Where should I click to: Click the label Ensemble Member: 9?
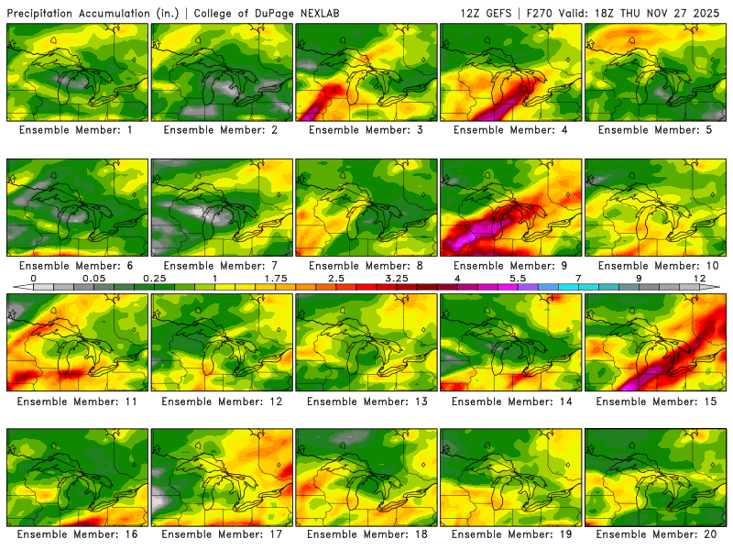pyautogui.click(x=511, y=266)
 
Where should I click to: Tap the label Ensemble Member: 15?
pyautogui.click(x=656, y=401)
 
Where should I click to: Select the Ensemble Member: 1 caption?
pyautogui.click(x=78, y=130)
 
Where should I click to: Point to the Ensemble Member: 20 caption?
pyautogui.click(x=656, y=533)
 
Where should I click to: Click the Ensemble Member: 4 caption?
pyautogui.click(x=511, y=130)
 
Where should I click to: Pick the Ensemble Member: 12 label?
pyautogui.click(x=222, y=401)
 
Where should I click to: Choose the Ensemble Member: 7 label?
pyautogui.click(x=222, y=266)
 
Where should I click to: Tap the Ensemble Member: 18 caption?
pyautogui.click(x=366, y=533)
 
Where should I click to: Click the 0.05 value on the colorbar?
pyautogui.click(x=93, y=277)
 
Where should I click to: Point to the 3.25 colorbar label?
pyautogui.click(x=397, y=277)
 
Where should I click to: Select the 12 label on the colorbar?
pyautogui.click(x=699, y=277)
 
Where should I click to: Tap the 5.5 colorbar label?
pyautogui.click(x=518, y=277)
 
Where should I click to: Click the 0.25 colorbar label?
pyautogui.click(x=153, y=277)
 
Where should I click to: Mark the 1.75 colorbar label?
pyautogui.click(x=276, y=277)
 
